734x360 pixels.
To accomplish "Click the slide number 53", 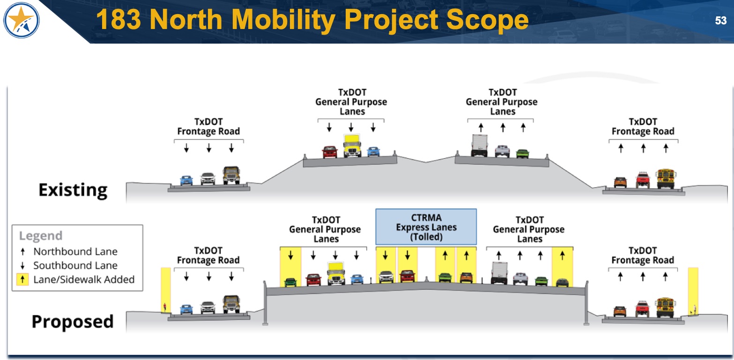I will pos(720,21).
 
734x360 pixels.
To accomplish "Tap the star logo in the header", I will pos(21,21).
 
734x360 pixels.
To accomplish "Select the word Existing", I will pos(73,190).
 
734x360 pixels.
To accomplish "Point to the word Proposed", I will pos(73,322).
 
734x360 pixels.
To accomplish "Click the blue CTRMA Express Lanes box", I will pos(426,227).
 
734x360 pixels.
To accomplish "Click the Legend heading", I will pos(40,236).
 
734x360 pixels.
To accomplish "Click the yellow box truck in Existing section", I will pos(352,146).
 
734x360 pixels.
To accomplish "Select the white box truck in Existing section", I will pos(479,145).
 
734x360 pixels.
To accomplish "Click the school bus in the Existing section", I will pos(666,178).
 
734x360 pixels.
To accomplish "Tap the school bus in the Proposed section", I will pos(666,307).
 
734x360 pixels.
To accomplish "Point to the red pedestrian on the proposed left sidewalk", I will pos(164,308).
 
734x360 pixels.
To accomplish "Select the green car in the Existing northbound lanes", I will pos(522,154).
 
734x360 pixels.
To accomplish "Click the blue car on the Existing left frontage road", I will pos(186,180).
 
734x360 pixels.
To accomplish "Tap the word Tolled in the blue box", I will pos(426,237).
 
